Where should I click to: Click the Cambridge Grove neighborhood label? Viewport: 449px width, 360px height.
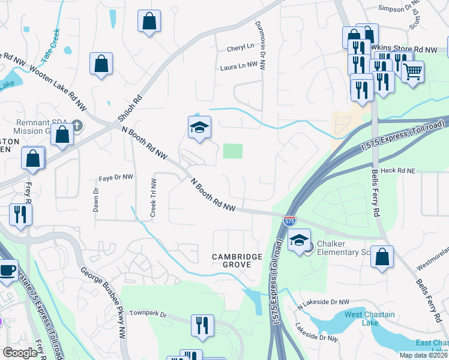[237, 262]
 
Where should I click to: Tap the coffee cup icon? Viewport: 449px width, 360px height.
[8, 271]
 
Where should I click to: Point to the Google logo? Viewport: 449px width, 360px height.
[20, 353]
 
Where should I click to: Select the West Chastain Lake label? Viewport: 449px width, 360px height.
[370, 319]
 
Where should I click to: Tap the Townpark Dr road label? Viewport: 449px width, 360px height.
[146, 313]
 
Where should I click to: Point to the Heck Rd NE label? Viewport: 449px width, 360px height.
[397, 171]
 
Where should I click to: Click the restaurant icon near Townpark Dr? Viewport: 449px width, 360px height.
[202, 325]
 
